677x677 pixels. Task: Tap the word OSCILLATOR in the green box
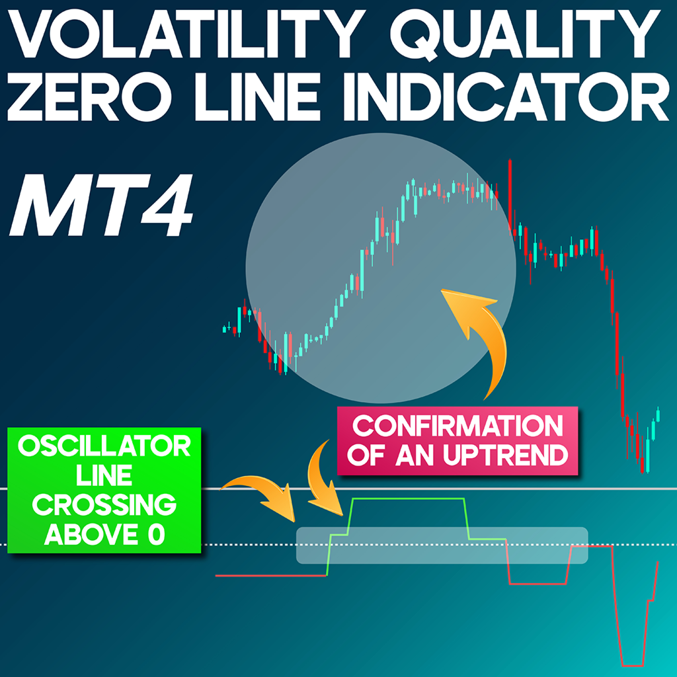(x=104, y=447)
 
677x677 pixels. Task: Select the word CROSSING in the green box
(x=104, y=506)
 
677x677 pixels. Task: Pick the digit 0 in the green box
(x=156, y=534)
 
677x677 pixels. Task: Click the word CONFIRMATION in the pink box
(x=458, y=426)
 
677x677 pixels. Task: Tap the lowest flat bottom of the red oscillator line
(x=632, y=664)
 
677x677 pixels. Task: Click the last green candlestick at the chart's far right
(x=658, y=415)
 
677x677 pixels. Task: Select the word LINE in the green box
(x=104, y=476)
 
